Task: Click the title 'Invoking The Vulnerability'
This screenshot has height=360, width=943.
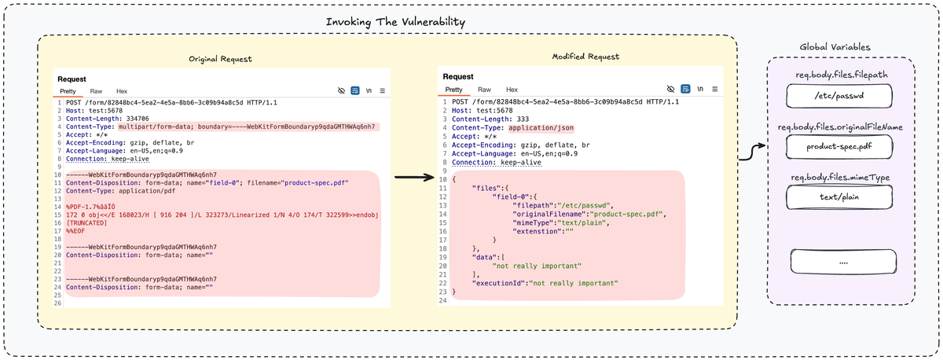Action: click(395, 22)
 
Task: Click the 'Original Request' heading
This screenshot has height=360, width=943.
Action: click(220, 59)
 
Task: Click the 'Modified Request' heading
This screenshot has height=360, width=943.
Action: click(585, 57)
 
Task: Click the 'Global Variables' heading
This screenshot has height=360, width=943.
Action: click(835, 47)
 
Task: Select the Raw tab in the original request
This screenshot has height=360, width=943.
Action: click(96, 91)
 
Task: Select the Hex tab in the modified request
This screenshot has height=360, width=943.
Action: click(512, 90)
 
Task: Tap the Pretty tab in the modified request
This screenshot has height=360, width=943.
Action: click(454, 90)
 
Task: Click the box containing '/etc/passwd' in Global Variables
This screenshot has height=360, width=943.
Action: click(839, 96)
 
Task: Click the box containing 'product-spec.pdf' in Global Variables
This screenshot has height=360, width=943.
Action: click(839, 146)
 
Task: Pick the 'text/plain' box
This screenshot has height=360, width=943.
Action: click(839, 197)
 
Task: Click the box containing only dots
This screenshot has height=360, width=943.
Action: click(843, 262)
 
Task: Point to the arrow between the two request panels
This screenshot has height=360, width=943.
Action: click(414, 178)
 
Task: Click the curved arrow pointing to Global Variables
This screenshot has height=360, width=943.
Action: click(752, 152)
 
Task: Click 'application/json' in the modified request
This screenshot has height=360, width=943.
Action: click(541, 128)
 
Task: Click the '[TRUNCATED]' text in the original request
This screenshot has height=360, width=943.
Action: click(86, 223)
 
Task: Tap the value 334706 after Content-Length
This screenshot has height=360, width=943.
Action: click(138, 119)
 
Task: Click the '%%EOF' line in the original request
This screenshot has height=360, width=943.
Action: click(75, 231)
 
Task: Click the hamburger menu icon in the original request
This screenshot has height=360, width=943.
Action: click(382, 90)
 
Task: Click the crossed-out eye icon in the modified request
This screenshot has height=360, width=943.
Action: click(670, 89)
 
